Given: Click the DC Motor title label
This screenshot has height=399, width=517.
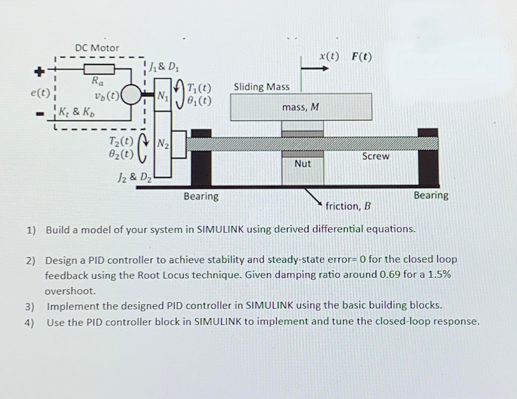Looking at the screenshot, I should point(97,48).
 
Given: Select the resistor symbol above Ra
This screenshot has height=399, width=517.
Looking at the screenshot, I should point(99,69).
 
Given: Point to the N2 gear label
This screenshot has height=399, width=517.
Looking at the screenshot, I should point(163,143).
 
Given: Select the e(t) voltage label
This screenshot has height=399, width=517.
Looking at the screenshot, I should point(40,93).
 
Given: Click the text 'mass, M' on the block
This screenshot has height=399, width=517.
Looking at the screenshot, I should point(300,107).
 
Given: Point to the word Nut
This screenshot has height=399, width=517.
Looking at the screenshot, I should point(302,164).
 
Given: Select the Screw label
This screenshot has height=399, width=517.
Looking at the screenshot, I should point(375,156).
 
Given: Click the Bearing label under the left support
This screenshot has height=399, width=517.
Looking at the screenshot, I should point(201,196).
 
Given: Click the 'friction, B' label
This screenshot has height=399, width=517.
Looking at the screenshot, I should point(348,206).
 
